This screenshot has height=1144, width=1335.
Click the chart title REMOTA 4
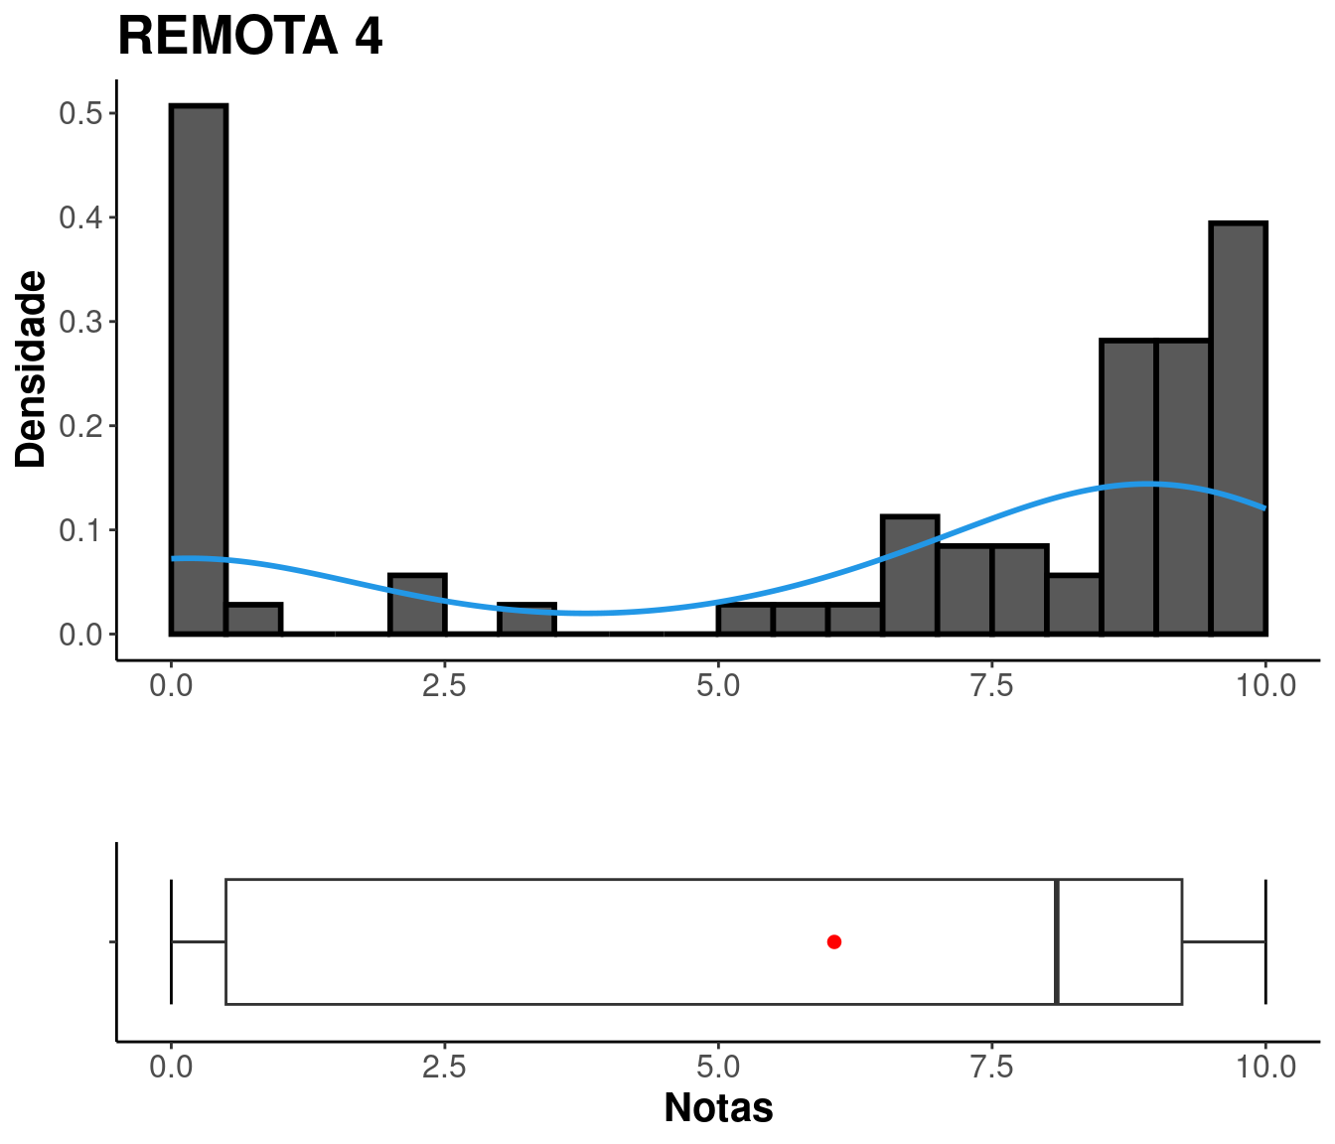(250, 36)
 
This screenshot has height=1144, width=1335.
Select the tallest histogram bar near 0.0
(199, 369)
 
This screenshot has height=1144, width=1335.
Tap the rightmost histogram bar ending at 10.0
(1238, 429)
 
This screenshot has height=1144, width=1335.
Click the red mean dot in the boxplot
(833, 942)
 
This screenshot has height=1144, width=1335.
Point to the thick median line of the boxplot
(1057, 942)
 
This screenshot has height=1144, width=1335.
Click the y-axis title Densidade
(31, 368)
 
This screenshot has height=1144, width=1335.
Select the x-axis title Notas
(718, 1108)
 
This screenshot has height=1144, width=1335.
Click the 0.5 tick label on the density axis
(80, 113)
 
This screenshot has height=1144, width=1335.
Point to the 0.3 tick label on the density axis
(80, 322)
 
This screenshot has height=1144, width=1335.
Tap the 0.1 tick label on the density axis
(80, 530)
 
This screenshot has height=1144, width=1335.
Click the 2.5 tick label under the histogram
(444, 685)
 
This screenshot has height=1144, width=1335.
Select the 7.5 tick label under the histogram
(992, 685)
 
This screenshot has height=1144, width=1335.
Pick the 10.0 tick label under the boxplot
(1265, 1067)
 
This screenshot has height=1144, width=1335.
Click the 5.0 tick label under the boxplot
(718, 1067)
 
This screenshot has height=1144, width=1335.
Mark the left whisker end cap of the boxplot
(171, 942)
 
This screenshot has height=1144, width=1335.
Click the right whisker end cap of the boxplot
(1265, 942)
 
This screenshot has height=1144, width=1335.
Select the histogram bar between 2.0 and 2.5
(417, 605)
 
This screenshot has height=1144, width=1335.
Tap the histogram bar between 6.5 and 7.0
(910, 575)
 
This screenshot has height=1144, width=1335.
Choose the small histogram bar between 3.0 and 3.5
(527, 619)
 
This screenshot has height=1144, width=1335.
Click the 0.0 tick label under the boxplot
(171, 1067)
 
